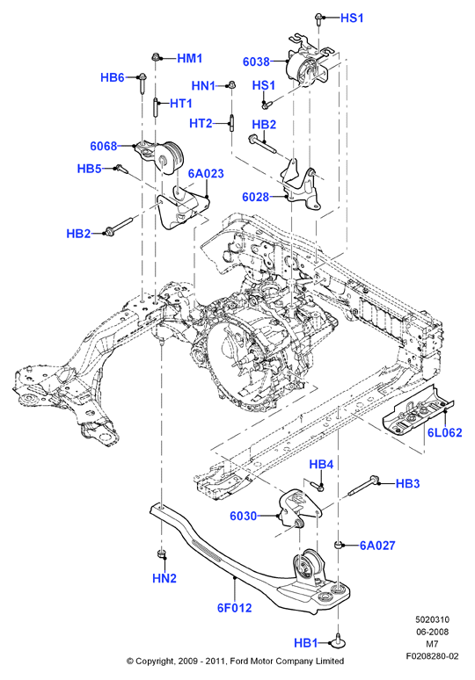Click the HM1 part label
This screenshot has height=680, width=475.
pyautogui.click(x=190, y=58)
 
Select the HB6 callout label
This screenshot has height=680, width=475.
pyautogui.click(x=113, y=77)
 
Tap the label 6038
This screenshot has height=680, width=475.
pyautogui.click(x=256, y=61)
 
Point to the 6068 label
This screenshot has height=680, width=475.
pyautogui.click(x=103, y=146)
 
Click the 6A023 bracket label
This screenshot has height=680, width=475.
pyautogui.click(x=206, y=173)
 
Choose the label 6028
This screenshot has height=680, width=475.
pyautogui.click(x=256, y=197)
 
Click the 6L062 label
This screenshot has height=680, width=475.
pyautogui.click(x=444, y=432)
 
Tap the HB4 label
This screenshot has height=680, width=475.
pyautogui.click(x=321, y=465)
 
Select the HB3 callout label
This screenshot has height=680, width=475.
pyautogui.click(x=407, y=483)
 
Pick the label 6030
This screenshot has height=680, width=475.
pyautogui.click(x=243, y=516)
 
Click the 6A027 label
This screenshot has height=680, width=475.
pyautogui.click(x=377, y=545)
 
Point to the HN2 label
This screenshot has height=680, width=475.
pyautogui.click(x=164, y=578)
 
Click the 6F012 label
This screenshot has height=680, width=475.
pyautogui.click(x=235, y=608)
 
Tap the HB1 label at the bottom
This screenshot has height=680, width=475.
pyautogui.click(x=306, y=643)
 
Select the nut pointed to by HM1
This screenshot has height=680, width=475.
pyautogui.click(x=156, y=56)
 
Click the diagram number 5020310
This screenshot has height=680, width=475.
pyautogui.click(x=432, y=619)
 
